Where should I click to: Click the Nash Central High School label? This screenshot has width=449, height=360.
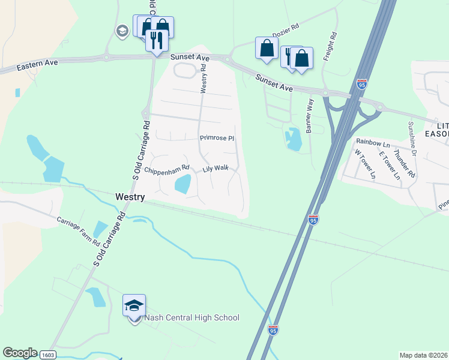click(192, 318)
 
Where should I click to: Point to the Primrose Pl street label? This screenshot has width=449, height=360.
click(217, 138)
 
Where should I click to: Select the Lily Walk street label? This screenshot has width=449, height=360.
click(215, 169)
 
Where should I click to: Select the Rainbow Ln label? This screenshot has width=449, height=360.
click(373, 142)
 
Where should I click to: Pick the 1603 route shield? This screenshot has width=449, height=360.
click(47, 355)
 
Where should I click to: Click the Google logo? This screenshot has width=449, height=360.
click(19, 353)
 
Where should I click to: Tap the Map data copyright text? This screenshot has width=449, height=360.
click(423, 355)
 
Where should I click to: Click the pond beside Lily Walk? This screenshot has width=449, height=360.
click(182, 184)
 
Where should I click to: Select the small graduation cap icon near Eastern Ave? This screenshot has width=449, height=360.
click(122, 31)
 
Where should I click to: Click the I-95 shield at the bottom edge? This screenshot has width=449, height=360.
click(273, 330)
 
